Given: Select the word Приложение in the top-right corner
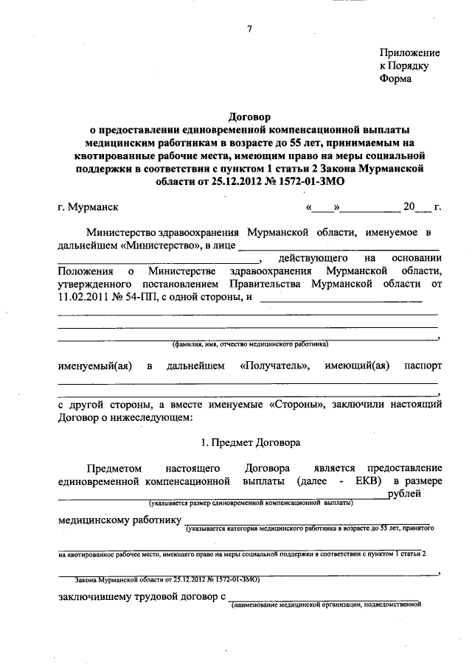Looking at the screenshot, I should point(409,53).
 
